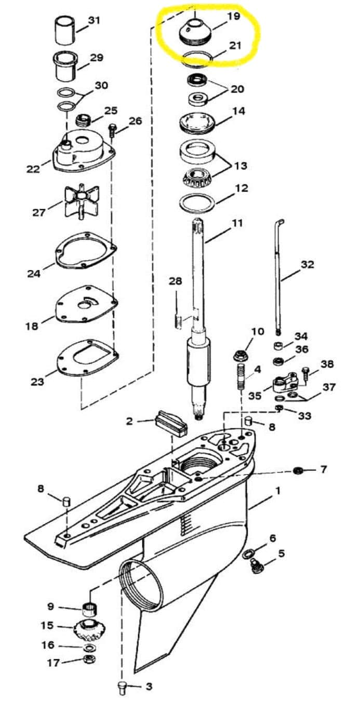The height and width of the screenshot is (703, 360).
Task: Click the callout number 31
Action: (x=94, y=20)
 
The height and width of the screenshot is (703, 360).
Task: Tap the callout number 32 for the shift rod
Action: (x=308, y=264)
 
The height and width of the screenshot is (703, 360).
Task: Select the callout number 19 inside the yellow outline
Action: (x=234, y=16)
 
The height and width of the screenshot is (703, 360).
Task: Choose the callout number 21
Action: (x=235, y=46)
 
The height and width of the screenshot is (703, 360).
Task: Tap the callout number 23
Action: (x=37, y=382)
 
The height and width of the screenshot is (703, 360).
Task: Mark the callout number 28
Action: (x=176, y=281)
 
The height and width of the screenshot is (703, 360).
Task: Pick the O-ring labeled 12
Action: (x=197, y=202)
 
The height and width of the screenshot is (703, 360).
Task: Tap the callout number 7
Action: (x=324, y=469)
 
